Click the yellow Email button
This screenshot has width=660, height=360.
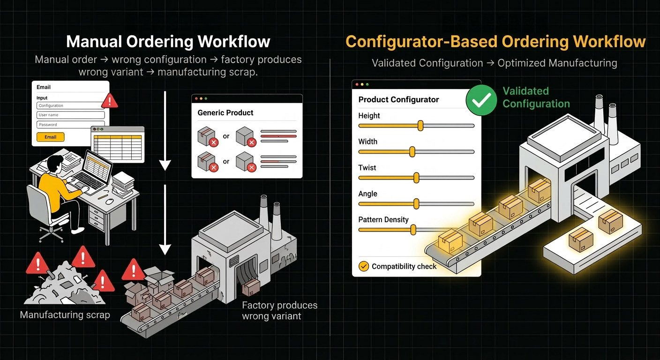[51, 137]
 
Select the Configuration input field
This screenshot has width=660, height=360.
[70, 105]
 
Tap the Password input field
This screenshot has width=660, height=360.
[70, 125]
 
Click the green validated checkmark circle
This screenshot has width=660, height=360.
[481, 99]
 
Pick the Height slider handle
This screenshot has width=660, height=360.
[420, 126]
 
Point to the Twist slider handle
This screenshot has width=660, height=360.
[416, 178]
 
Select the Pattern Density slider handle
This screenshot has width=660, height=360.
[413, 230]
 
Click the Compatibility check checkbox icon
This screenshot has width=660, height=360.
[363, 266]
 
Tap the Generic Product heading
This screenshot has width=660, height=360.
[225, 113]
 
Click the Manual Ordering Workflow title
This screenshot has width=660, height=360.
[168, 42]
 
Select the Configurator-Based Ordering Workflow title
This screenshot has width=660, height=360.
[495, 42]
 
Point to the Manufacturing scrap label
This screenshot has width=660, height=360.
[65, 315]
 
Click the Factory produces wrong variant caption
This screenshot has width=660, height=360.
[279, 310]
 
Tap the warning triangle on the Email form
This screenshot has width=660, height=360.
[110, 100]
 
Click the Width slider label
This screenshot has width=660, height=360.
[367, 142]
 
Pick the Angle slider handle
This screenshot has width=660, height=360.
[416, 203]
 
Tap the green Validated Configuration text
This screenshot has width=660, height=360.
[536, 97]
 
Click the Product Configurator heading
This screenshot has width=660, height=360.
[398, 99]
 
